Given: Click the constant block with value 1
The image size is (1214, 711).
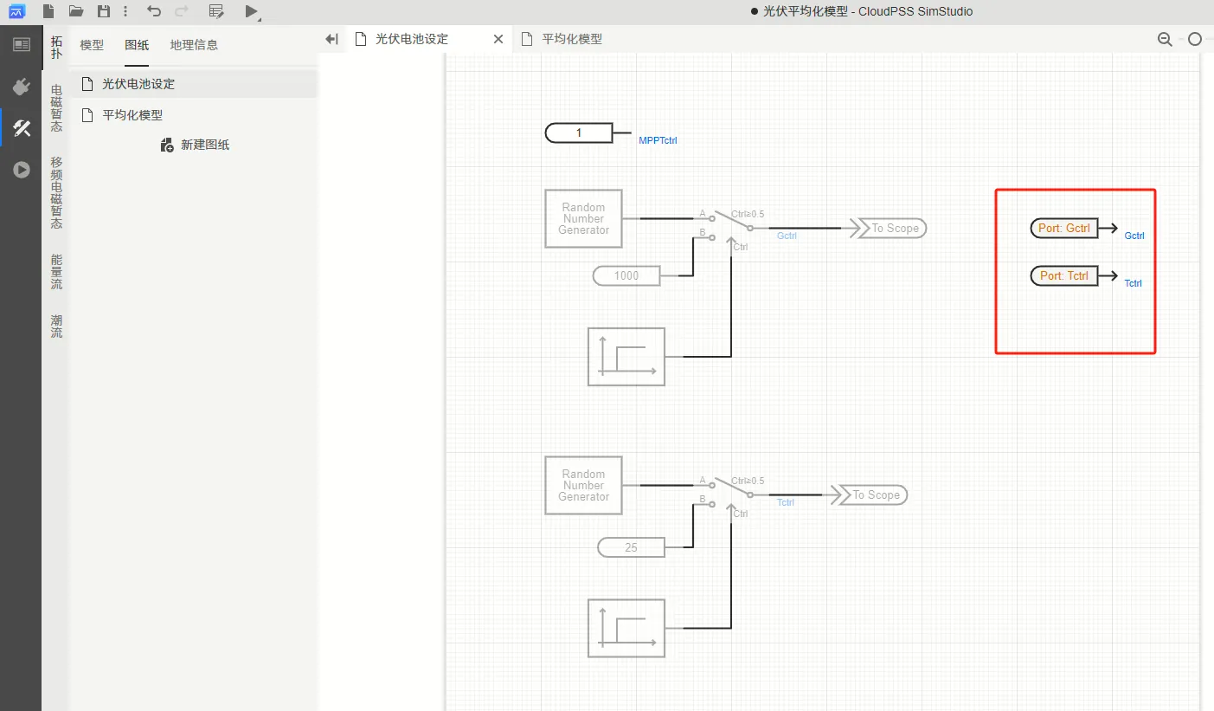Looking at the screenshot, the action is coord(579,133).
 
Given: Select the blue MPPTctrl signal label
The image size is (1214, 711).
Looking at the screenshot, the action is coord(658,140).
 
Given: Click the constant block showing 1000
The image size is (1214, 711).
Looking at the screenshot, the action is coord(626,275).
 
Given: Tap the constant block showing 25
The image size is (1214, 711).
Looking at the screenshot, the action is coord(631,547).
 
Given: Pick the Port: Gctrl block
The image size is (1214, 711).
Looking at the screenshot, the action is coord(1064,229).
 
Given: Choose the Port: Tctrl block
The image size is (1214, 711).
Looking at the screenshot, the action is coord(1064,275).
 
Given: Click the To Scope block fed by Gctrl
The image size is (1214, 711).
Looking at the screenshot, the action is coord(889,229).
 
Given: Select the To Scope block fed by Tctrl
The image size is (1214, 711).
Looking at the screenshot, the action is coord(870,494).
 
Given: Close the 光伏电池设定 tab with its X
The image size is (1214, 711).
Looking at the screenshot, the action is coord(498,39).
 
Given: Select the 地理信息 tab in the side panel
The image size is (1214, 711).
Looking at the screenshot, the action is coord(194,45).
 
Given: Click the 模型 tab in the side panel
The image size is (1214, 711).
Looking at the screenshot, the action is coord(92,45).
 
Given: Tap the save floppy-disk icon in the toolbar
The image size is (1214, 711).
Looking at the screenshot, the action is coord(104,11).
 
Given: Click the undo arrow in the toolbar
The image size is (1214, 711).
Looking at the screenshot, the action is coord(154,11).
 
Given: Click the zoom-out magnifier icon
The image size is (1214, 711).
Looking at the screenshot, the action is coord(1165,39).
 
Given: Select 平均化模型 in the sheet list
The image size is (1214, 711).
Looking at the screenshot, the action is coord(132,115).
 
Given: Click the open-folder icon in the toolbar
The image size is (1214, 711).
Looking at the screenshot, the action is coord(76,11).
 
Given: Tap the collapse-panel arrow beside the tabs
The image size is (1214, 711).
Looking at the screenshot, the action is coord(331,39).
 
